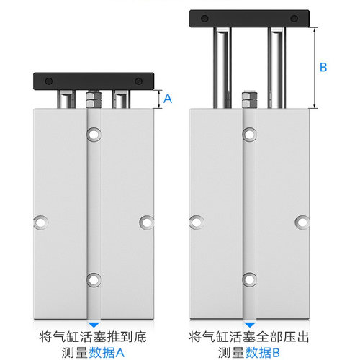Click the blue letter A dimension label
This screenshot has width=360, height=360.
tap(168, 99)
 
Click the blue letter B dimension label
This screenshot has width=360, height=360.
tap(323, 67)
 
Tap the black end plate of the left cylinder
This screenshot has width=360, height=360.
tap(94, 80)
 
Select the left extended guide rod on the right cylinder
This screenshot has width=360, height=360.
tap(220, 65)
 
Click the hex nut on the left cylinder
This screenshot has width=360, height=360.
tap(92, 99)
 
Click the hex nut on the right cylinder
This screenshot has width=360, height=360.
tap(249, 99)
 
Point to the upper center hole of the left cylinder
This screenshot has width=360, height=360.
tap(93, 133)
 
